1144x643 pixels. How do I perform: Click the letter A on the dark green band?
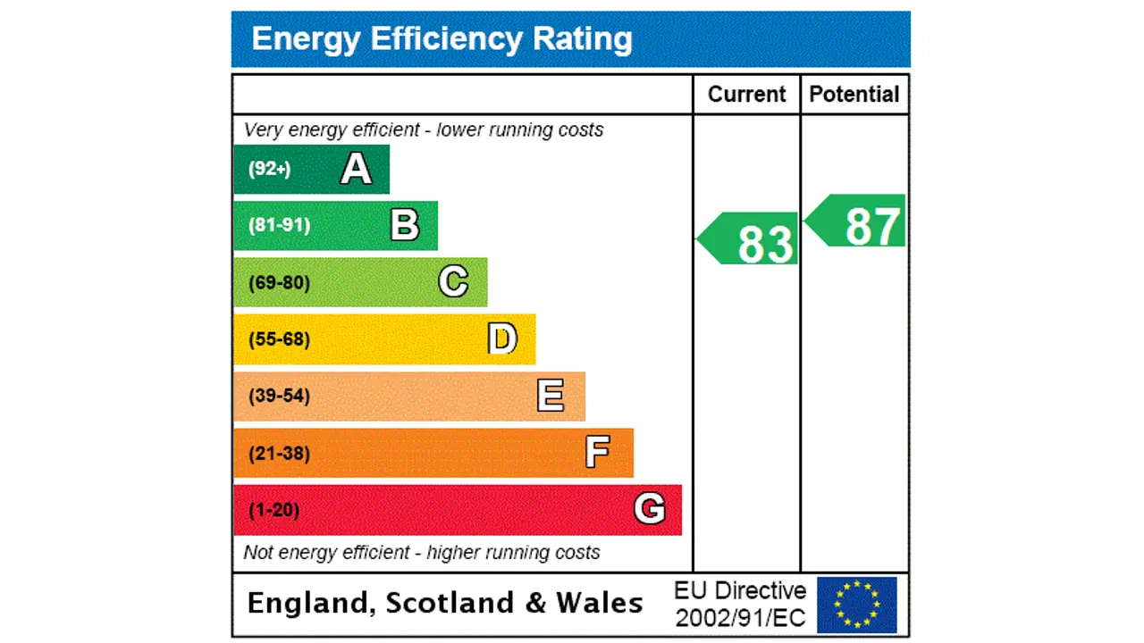[x=356, y=169]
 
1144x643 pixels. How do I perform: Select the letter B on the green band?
[x=405, y=225]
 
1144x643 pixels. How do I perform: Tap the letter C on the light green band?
[x=453, y=282]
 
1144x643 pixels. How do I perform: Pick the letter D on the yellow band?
[x=502, y=339]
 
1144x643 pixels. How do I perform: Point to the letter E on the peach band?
[x=551, y=396]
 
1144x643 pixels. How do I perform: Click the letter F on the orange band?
[x=597, y=453]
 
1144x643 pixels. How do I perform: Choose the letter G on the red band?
[x=650, y=509]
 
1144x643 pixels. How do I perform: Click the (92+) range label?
[x=269, y=169]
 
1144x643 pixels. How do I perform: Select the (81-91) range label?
[x=279, y=225]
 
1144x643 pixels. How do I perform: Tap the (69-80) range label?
[x=279, y=283]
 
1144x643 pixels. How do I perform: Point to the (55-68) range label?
[x=279, y=339]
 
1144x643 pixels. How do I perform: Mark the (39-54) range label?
[x=279, y=396]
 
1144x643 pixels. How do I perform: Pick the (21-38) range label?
[x=279, y=454]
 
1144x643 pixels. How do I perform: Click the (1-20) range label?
[x=273, y=510]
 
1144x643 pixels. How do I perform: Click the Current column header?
[x=746, y=95]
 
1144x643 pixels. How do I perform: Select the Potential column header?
[x=854, y=95]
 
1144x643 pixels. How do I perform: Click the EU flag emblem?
[x=856, y=605]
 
